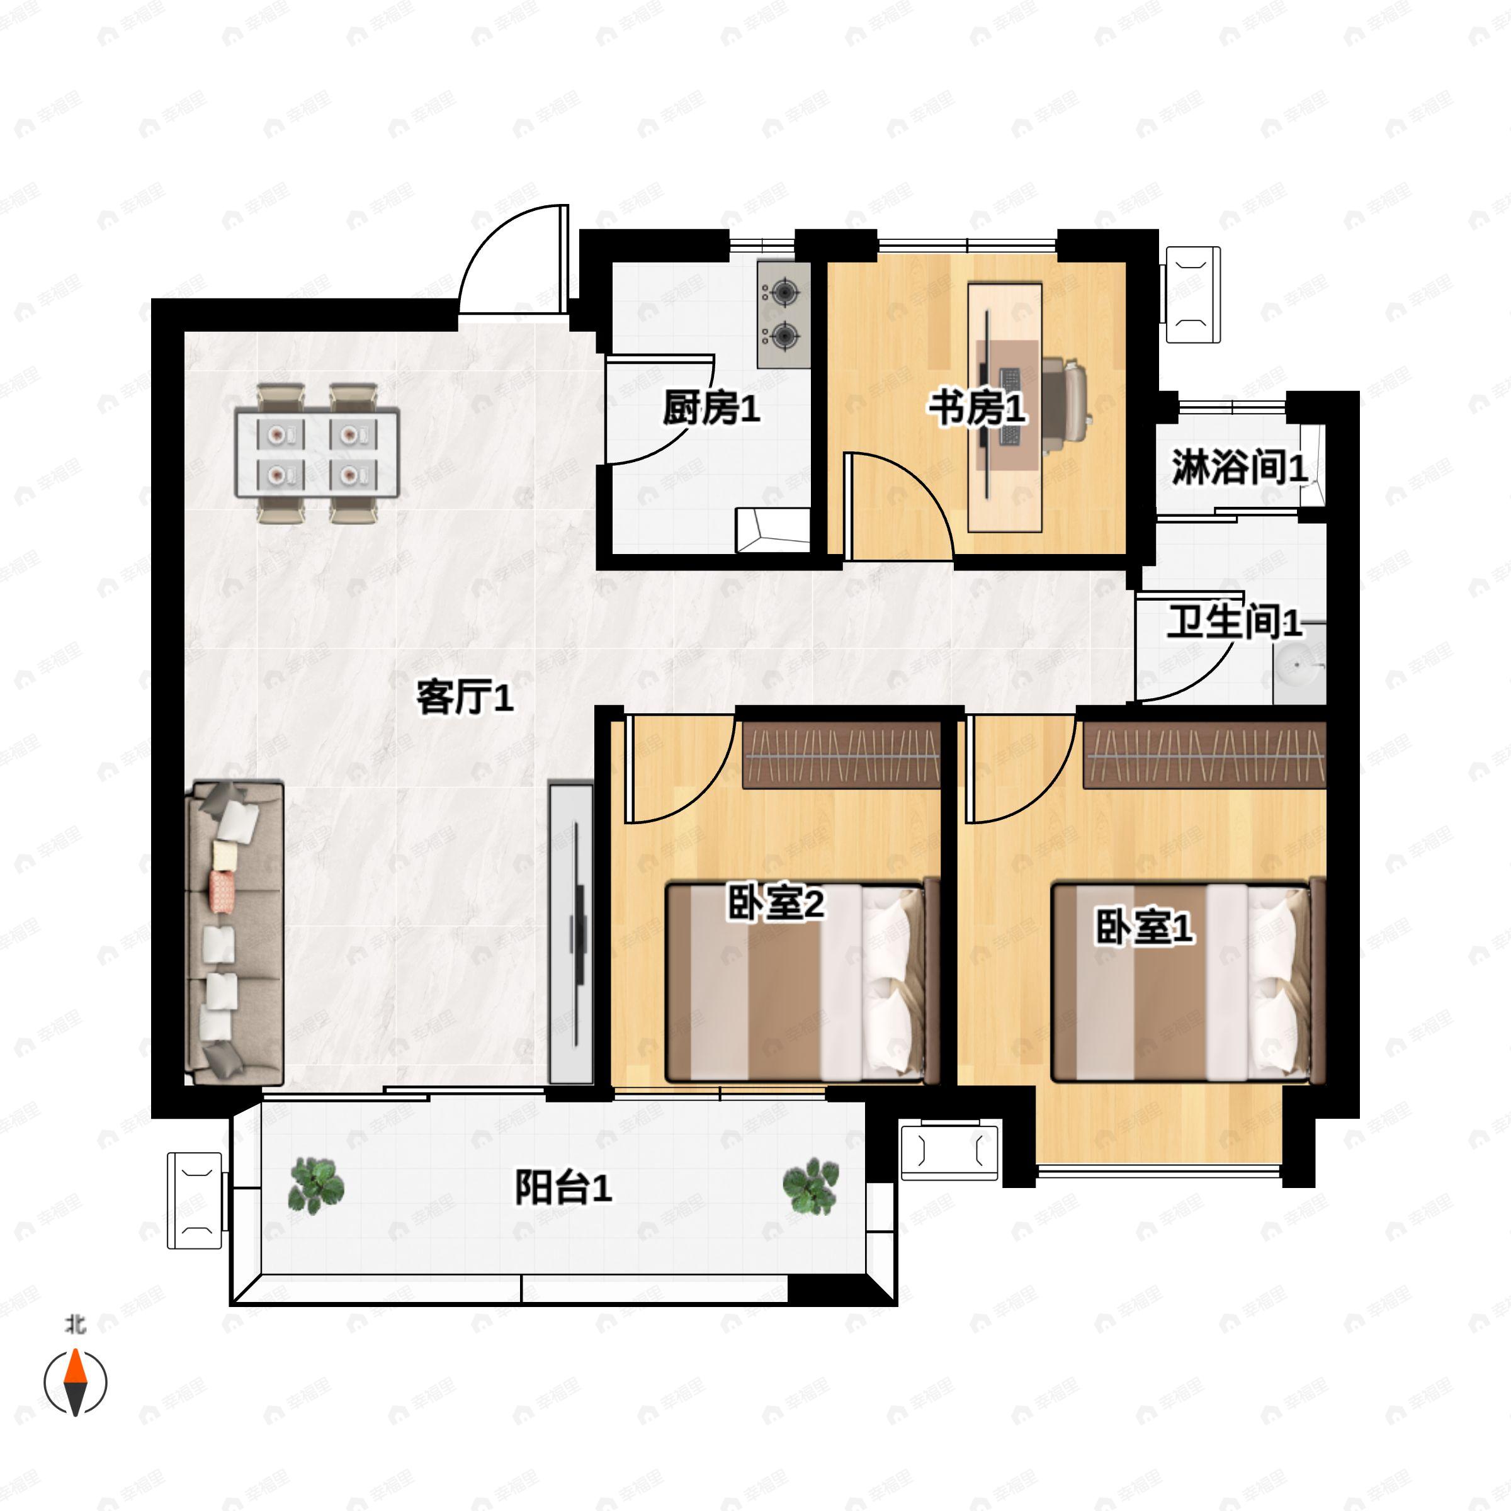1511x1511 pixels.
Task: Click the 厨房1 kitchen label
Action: tap(711, 408)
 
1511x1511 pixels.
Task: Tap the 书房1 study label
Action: tap(977, 408)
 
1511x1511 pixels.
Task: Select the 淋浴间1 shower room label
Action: tap(1239, 468)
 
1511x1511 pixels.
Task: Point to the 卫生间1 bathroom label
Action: tap(1235, 622)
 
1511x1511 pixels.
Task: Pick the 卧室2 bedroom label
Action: tap(776, 903)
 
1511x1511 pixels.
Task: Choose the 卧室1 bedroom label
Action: tap(1144, 927)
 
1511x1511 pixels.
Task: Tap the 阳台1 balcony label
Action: tap(563, 1187)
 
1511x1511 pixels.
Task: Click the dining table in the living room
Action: tap(317, 452)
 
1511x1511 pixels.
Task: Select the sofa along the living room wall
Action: tap(234, 932)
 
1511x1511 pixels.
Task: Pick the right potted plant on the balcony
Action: tap(811, 1186)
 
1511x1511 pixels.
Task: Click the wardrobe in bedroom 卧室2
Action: tap(840, 754)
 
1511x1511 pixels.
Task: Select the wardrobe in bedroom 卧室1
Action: tap(1204, 754)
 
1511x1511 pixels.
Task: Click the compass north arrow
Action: tap(74, 1363)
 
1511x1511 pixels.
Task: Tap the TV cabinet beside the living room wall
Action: tap(571, 933)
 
